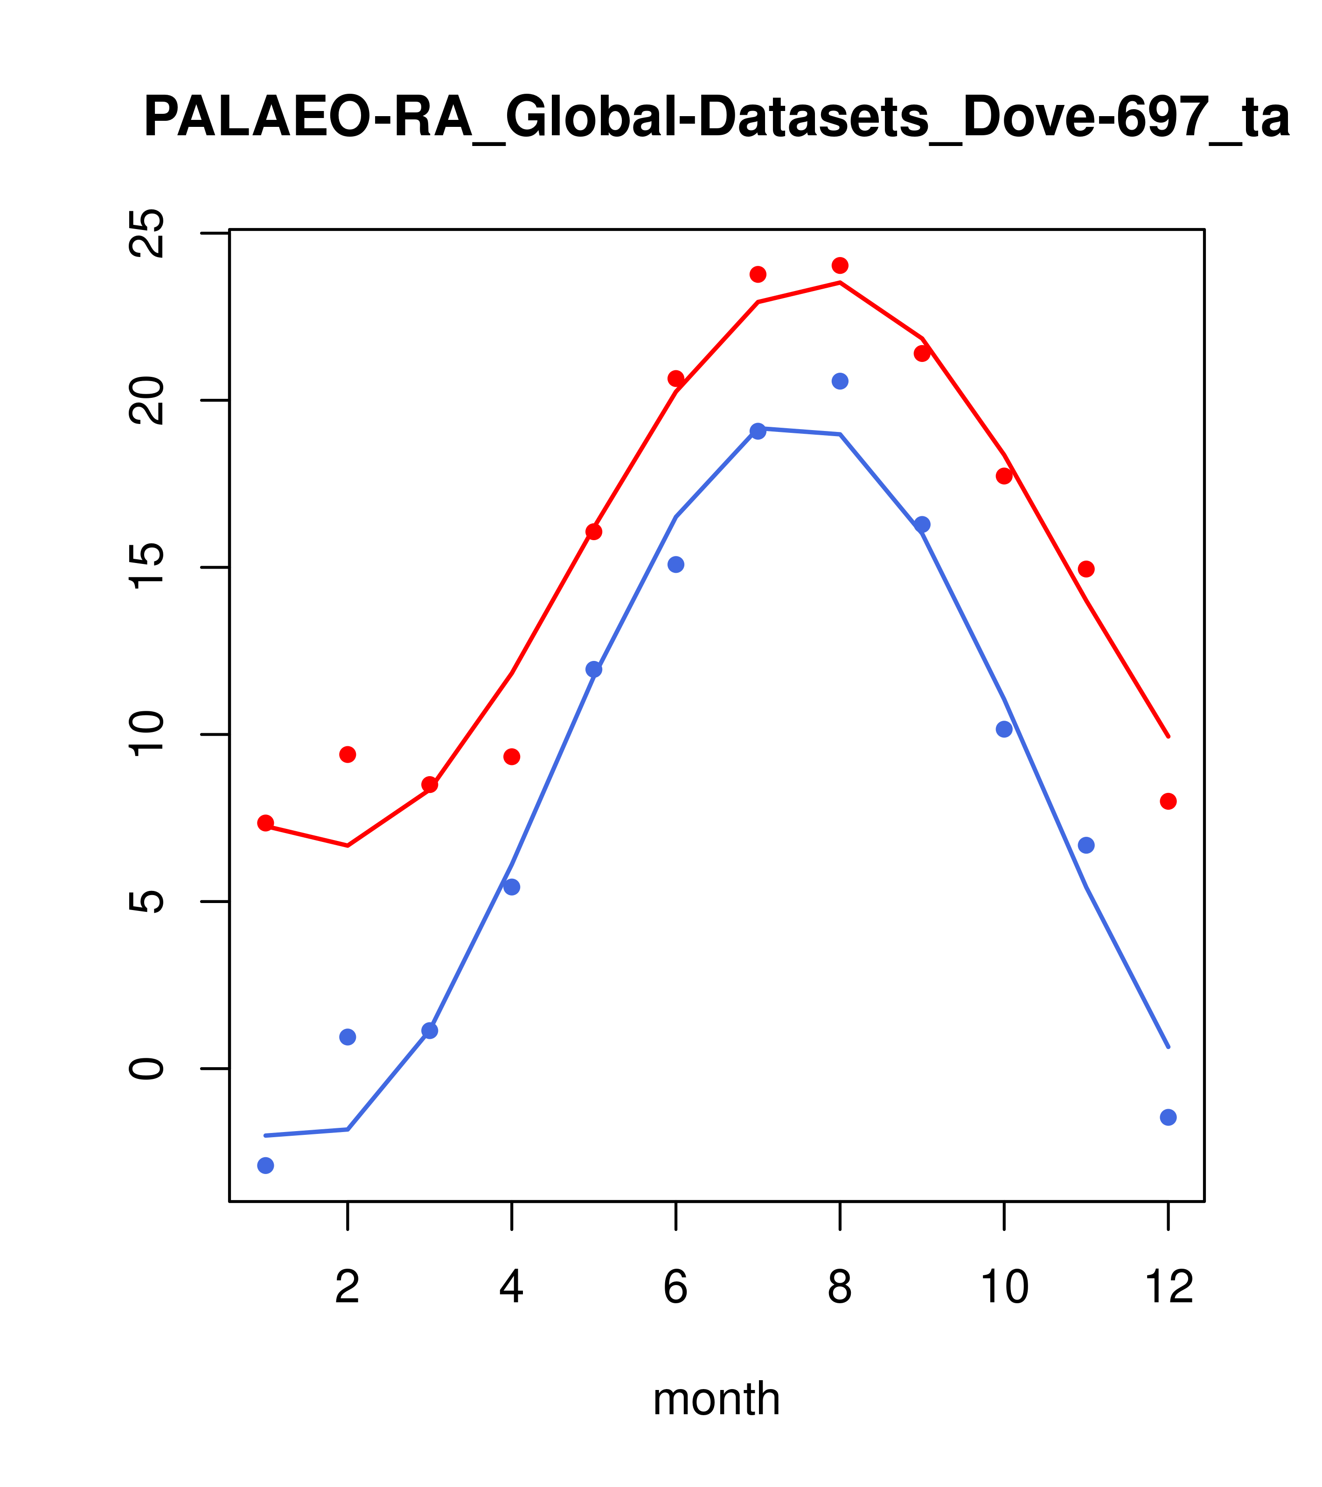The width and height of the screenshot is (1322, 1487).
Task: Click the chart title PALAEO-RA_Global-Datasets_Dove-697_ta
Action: point(716,118)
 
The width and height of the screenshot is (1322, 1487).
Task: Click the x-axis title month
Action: point(716,1399)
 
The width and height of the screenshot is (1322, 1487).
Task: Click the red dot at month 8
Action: point(840,265)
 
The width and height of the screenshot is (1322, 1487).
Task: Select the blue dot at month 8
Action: point(840,381)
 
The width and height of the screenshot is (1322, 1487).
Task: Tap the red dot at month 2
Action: point(348,754)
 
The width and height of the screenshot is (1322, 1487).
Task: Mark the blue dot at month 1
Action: point(265,1166)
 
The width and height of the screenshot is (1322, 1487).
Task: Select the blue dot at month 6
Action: point(676,564)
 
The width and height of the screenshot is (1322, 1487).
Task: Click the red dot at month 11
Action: point(1086,569)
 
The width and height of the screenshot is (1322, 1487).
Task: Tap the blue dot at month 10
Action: point(1004,729)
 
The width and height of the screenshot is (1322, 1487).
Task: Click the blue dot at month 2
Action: point(348,1037)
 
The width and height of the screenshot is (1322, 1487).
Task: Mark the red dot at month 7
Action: point(758,274)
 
